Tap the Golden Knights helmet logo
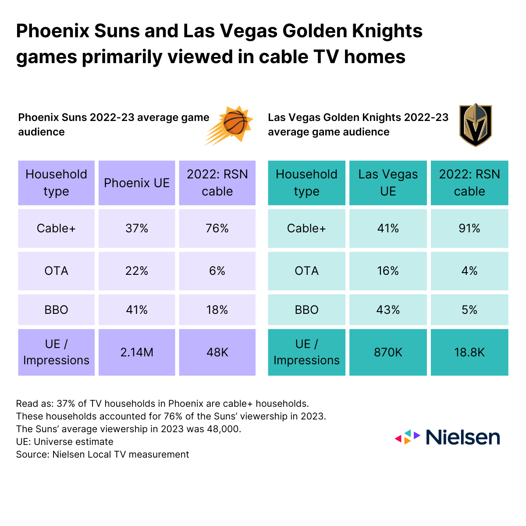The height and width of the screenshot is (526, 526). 476,125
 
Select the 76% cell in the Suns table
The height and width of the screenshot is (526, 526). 217,228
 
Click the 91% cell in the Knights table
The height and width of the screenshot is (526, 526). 469,228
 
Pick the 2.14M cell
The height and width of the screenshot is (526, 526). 137,352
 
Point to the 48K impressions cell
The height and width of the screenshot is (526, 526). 217,352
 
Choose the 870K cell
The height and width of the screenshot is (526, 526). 388,352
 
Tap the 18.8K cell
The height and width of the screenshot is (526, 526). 469,352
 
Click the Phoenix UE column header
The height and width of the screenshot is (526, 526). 137,183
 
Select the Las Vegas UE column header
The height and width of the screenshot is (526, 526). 388,183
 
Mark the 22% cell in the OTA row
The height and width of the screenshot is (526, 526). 137,271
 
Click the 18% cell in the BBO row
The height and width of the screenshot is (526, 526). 217,310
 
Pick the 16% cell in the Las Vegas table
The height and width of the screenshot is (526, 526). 388,271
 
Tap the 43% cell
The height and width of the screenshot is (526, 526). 388,310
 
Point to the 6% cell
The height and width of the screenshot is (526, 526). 217,271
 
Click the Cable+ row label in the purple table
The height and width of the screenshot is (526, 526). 56,228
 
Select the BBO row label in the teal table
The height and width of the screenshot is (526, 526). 306,310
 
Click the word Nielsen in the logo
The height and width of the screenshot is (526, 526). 462,437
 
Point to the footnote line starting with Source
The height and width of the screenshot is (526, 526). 103,455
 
